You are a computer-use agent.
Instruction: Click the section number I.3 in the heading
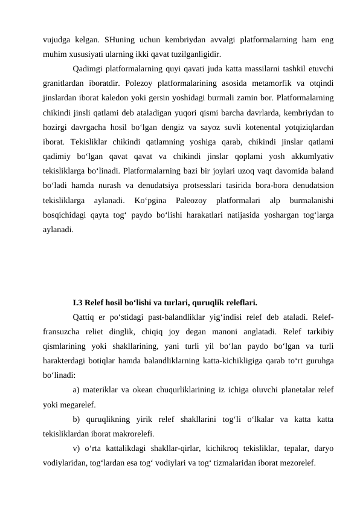[x=77, y=300]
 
